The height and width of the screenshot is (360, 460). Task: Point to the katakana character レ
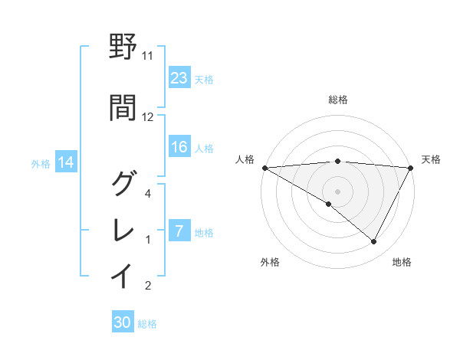click(123, 229)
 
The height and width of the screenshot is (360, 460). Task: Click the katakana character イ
click(123, 276)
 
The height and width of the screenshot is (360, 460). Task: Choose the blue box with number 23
click(179, 77)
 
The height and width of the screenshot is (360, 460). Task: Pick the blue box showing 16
click(179, 147)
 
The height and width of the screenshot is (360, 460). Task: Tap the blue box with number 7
click(179, 231)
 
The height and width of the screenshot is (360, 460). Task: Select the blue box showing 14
click(65, 162)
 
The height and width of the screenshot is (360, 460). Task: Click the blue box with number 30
click(123, 322)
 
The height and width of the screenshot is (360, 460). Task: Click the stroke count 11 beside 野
click(148, 56)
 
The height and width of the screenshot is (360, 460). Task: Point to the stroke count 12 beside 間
click(148, 117)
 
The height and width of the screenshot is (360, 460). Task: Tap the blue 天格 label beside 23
click(204, 79)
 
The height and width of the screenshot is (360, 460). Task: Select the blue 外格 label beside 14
click(41, 163)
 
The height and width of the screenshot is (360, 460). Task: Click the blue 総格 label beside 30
click(147, 324)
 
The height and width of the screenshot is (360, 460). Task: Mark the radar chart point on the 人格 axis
click(264, 168)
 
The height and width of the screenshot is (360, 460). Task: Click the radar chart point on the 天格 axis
click(411, 168)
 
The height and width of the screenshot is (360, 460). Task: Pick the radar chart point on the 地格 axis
click(374, 242)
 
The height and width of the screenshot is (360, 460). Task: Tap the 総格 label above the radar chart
click(338, 100)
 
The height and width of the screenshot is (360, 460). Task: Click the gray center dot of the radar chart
click(337, 191)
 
